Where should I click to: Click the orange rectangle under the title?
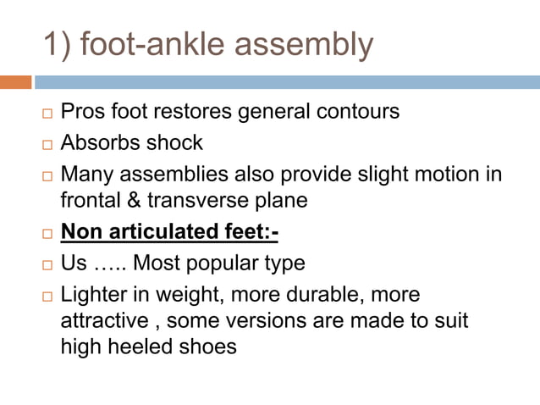click(15, 82)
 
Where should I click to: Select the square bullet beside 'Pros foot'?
click(47, 114)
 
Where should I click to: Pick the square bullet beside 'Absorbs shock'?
click(47, 144)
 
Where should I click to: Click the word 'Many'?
click(86, 175)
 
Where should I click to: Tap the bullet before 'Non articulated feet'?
click(47, 233)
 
